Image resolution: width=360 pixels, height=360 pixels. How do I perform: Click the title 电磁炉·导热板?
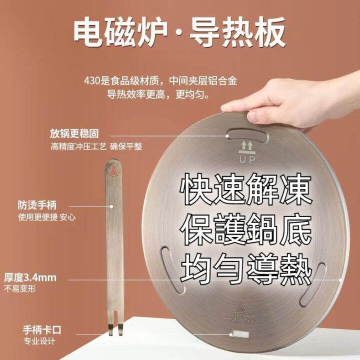point(180,32)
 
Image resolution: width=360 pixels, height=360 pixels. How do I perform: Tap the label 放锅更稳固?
point(73,133)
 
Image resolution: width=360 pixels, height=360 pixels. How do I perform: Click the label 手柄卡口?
point(39,330)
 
